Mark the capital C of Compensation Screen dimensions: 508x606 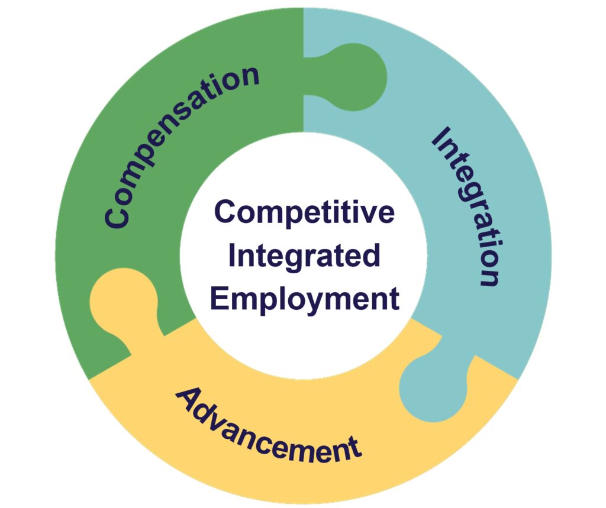click(x=116, y=215)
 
